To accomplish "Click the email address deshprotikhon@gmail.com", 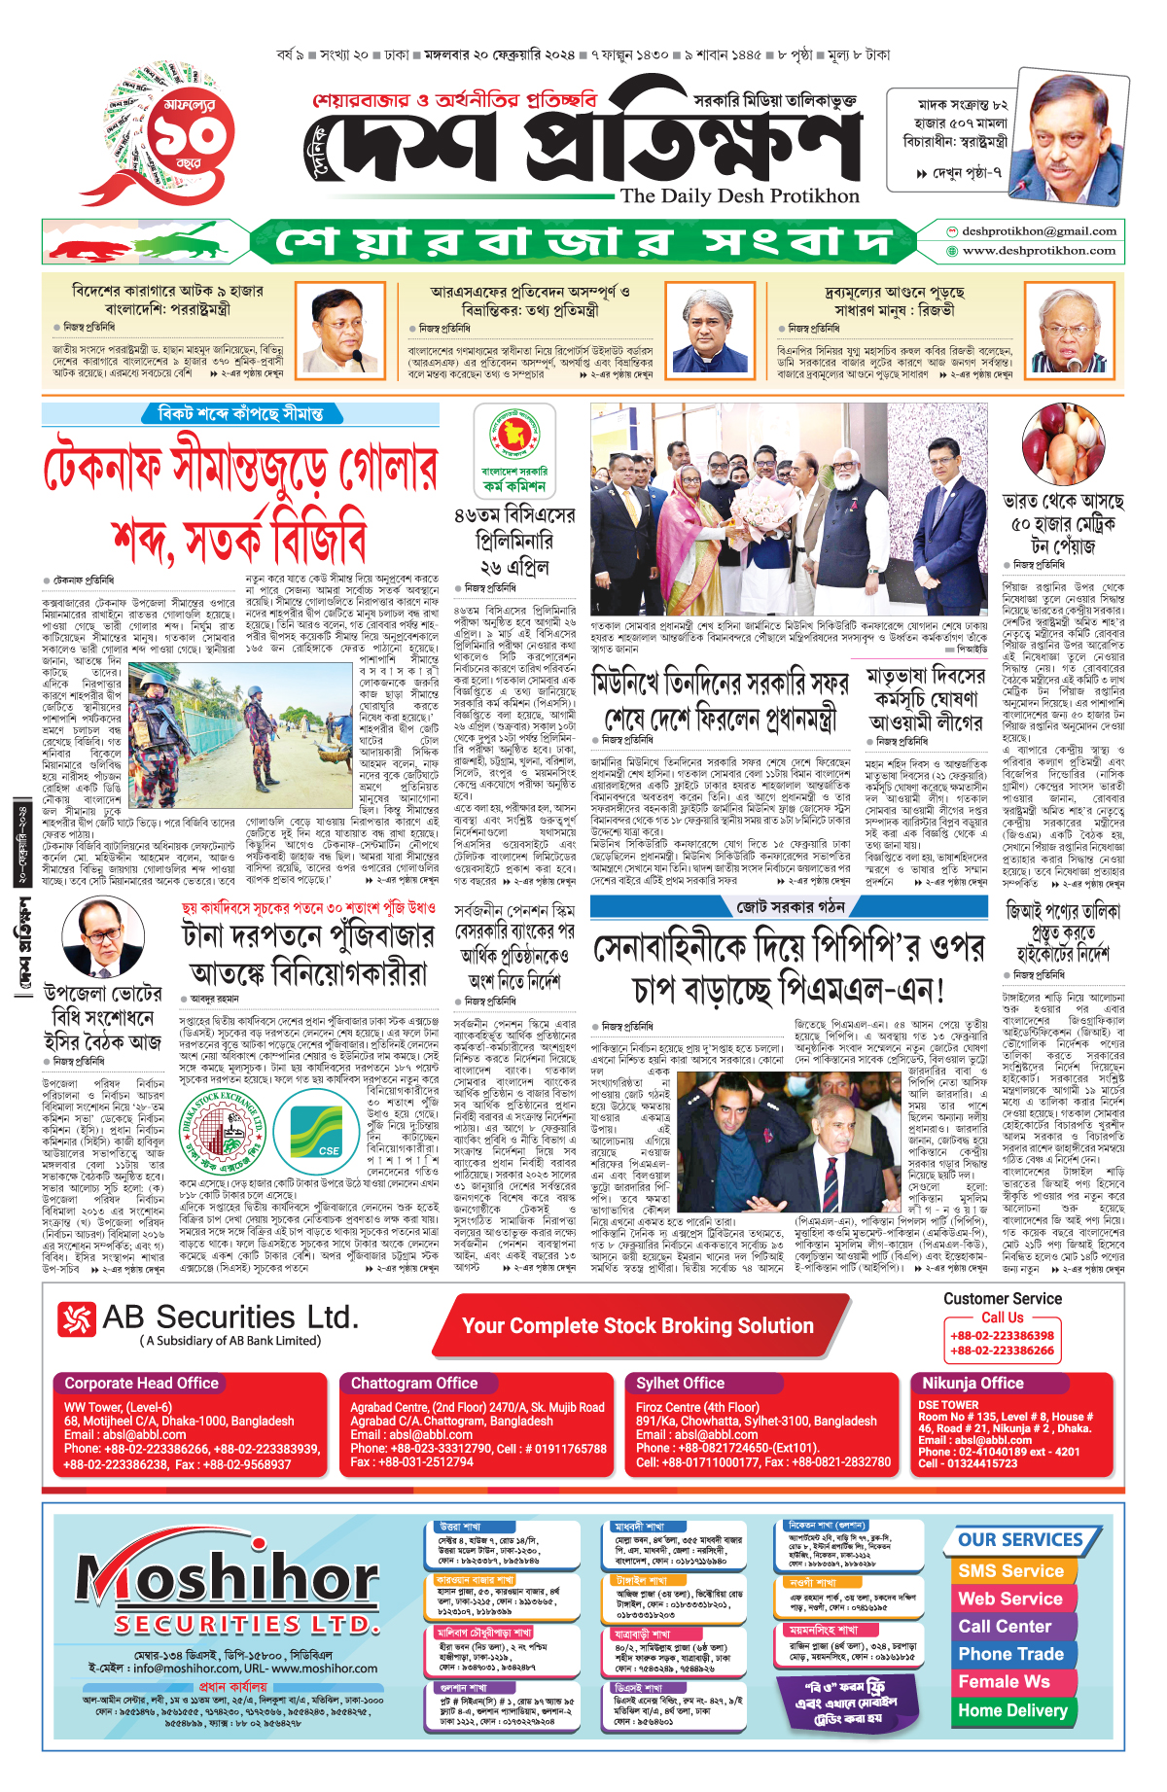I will [1039, 231].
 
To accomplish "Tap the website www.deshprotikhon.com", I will [1039, 251].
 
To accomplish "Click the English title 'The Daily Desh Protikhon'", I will [740, 196].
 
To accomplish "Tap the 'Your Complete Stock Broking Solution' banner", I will [638, 1326].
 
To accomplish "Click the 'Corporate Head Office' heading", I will [142, 1383].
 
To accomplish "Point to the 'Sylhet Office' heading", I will [681, 1383].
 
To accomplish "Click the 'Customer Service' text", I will [1003, 1299].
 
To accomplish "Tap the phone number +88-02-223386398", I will [1003, 1336].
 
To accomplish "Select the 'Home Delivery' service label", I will [1012, 1710].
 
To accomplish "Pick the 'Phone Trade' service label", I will [1011, 1654].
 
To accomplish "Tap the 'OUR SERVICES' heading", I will [1020, 1540].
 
